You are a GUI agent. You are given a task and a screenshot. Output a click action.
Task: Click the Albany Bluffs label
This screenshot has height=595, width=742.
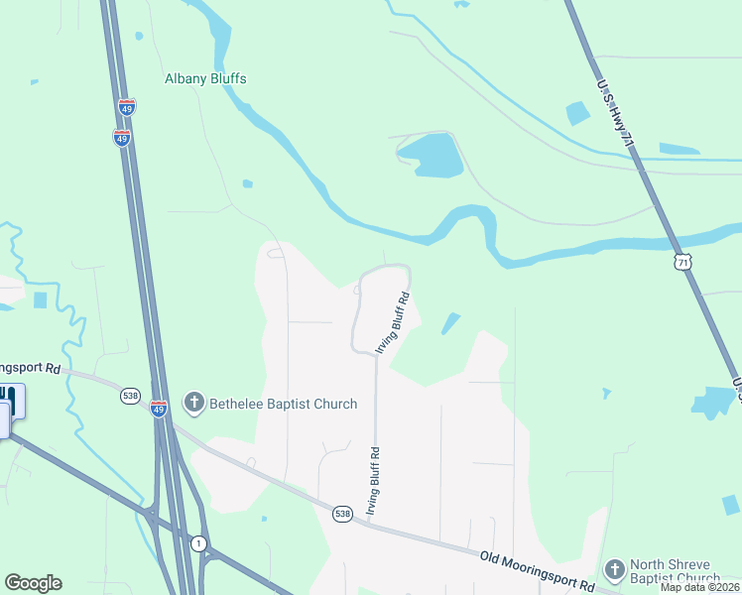(205, 78)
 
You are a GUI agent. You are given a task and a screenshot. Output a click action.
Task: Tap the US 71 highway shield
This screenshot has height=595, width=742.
(680, 262)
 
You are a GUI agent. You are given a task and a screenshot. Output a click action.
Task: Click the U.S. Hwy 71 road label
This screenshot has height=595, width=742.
(614, 115)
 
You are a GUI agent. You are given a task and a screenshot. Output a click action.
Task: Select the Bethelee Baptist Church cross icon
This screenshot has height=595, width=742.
(193, 404)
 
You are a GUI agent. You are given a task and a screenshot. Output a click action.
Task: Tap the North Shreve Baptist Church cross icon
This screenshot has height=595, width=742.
(614, 569)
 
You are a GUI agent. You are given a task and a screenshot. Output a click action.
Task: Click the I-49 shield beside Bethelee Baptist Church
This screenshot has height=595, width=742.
(159, 409)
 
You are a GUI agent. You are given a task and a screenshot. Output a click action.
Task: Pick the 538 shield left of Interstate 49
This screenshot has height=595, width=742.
(130, 396)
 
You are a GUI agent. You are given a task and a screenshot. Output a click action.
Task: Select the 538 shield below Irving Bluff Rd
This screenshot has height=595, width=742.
(342, 514)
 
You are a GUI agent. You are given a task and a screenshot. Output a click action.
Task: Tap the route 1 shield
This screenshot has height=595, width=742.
(199, 543)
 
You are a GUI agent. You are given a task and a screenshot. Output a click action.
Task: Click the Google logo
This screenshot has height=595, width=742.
(34, 583)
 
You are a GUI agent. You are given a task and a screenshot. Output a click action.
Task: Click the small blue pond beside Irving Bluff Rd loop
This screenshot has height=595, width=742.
(450, 323)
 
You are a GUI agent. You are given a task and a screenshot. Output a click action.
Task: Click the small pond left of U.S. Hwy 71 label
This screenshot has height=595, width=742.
(576, 113)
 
